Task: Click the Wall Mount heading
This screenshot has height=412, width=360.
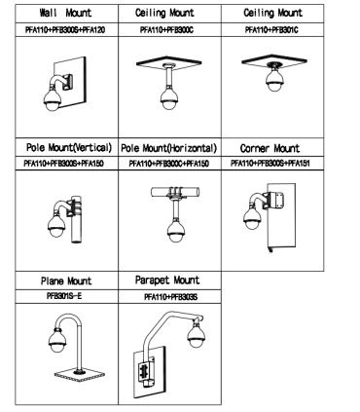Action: (x=65, y=13)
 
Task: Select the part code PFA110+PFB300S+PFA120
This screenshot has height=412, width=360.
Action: (x=65, y=30)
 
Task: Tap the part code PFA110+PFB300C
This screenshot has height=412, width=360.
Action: (x=166, y=30)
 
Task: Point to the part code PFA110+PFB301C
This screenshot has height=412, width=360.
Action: (x=271, y=30)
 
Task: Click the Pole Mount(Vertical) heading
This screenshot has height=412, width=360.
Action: (x=69, y=148)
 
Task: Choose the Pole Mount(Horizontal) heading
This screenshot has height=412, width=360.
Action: (x=168, y=148)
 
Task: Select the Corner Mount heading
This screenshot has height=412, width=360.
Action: (x=270, y=148)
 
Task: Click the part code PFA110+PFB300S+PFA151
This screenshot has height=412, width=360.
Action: (x=270, y=163)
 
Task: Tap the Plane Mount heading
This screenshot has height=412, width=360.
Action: (x=66, y=281)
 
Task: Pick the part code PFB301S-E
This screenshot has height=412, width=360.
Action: (x=64, y=296)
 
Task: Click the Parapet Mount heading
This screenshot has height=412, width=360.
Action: (x=167, y=281)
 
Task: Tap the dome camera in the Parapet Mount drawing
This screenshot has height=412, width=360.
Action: (x=197, y=334)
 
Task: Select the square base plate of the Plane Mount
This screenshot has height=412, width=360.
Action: (x=79, y=375)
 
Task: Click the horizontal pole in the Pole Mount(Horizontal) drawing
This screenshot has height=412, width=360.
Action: (x=175, y=192)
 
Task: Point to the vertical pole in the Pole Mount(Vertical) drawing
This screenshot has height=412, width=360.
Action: (x=76, y=219)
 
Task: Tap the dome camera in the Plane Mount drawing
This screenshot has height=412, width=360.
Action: (x=57, y=341)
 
